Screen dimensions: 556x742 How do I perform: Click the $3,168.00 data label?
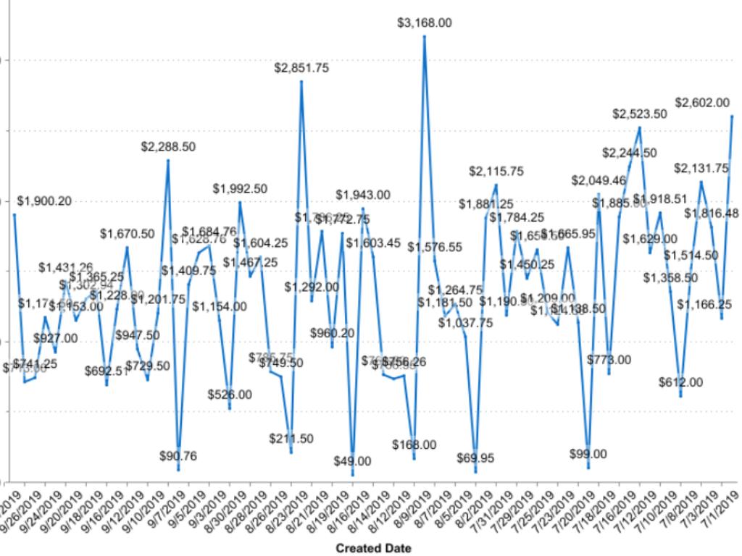[425, 23]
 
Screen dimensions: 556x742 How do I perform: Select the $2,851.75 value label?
[301, 68]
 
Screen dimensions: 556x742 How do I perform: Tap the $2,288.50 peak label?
[168, 146]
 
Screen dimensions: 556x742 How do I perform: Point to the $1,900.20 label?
[44, 201]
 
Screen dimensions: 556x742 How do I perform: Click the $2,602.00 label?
[702, 103]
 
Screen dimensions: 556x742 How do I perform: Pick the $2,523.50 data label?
[640, 114]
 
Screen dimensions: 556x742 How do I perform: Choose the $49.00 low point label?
[353, 461]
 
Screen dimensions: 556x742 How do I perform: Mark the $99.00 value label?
[588, 454]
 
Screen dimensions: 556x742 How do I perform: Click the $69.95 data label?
[475, 458]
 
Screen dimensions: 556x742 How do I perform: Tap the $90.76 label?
[178, 456]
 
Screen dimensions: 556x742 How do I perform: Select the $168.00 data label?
[414, 445]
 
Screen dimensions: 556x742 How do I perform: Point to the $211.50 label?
[291, 439]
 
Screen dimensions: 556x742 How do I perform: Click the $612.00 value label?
[680, 382]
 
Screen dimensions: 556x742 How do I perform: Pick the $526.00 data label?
[230, 395]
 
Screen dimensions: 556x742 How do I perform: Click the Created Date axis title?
[374, 548]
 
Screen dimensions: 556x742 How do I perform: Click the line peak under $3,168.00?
[425, 35]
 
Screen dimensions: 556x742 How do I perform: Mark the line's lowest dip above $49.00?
[353, 475]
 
